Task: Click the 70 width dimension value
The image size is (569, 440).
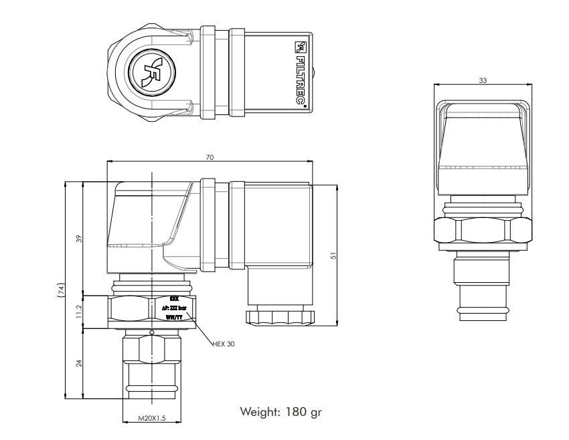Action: pyautogui.click(x=210, y=157)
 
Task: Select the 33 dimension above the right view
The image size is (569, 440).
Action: pyautogui.click(x=483, y=80)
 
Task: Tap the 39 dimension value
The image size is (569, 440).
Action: pyautogui.click(x=78, y=238)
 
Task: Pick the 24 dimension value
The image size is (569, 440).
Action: pyautogui.click(x=78, y=364)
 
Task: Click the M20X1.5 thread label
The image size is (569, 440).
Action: pyautogui.click(x=151, y=418)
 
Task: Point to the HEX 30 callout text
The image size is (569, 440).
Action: pyautogui.click(x=224, y=344)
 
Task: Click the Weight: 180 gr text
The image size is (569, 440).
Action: pyautogui.click(x=280, y=412)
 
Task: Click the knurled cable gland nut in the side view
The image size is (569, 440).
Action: pyautogui.click(x=278, y=316)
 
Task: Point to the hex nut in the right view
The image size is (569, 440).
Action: pyautogui.click(x=483, y=231)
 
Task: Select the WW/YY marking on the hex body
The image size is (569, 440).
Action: pyautogui.click(x=174, y=318)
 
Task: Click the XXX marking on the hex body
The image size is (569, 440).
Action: pyautogui.click(x=174, y=299)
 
